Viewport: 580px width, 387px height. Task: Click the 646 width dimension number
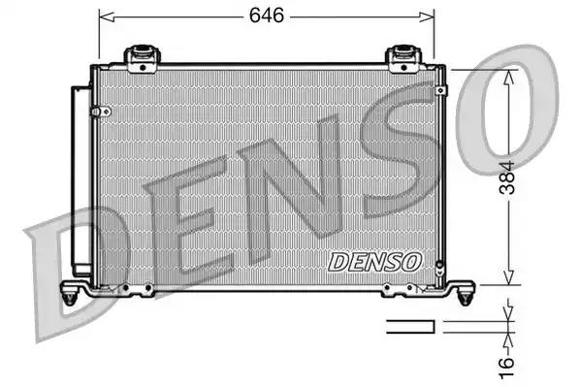[x=265, y=16]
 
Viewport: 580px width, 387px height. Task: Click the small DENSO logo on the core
[x=373, y=261]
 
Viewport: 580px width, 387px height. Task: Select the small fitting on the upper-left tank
[x=96, y=113]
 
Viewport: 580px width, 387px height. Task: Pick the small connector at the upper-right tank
[x=441, y=89]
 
